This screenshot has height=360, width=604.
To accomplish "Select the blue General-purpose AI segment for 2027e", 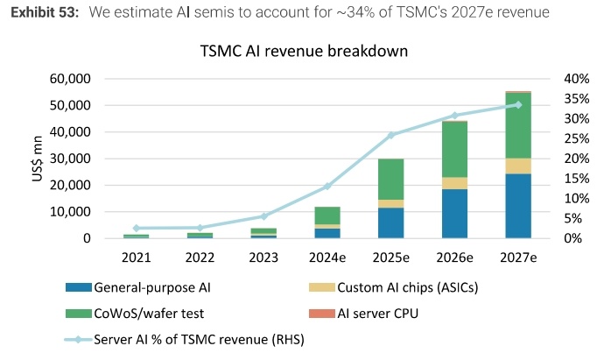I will point(517,206).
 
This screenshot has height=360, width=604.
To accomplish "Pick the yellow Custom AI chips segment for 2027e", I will point(517,166).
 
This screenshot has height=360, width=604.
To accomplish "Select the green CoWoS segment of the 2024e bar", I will point(327,215).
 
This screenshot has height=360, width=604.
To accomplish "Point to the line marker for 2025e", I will point(391,135).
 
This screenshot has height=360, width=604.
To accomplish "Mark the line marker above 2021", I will point(136,228).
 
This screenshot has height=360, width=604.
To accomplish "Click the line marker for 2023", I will point(263,215).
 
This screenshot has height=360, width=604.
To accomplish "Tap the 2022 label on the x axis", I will point(200,258).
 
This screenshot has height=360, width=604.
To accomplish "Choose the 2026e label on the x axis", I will point(454,258).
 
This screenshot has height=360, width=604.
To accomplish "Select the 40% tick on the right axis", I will point(578,79).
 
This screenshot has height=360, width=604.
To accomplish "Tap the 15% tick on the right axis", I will point(578,179).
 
